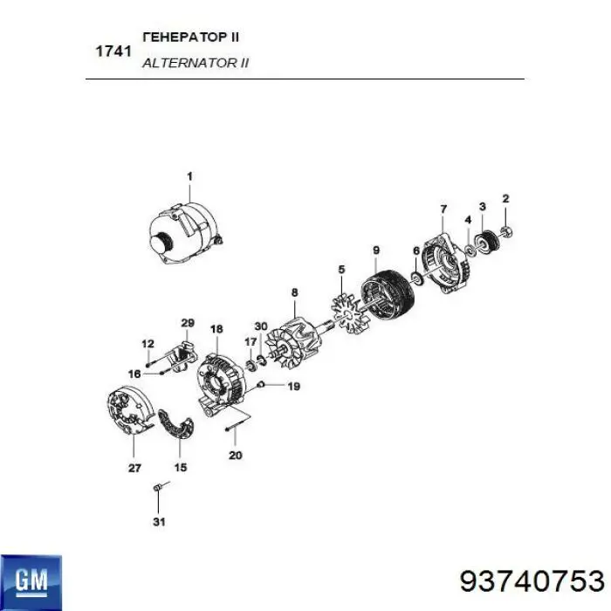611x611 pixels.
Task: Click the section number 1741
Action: pos(113,51)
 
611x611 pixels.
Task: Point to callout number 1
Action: pos(189,176)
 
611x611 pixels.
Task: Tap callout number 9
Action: pos(376,251)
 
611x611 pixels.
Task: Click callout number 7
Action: pos(443,209)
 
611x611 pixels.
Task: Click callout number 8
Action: pos(295,292)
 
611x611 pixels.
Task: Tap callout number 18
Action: pos(216,329)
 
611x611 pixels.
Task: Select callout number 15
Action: pos(181,467)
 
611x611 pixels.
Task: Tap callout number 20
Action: pos(233,454)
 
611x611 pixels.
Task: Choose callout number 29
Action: pos(186,324)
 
